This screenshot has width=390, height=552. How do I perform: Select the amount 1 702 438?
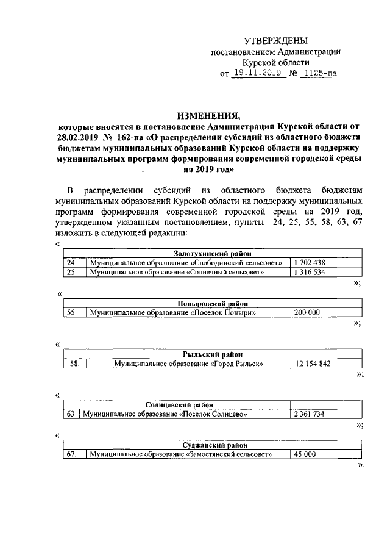(x=309, y=262)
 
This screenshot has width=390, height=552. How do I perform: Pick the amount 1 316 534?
(x=309, y=272)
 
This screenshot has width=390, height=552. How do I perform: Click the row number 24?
(x=71, y=262)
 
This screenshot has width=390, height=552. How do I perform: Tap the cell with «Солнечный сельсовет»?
(x=177, y=272)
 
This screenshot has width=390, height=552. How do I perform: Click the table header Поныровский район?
(x=213, y=303)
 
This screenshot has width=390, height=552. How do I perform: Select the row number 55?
(x=71, y=312)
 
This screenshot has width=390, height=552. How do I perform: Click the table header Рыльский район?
(x=213, y=354)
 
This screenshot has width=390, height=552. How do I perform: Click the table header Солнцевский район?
(x=179, y=404)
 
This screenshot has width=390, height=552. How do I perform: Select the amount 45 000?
(x=304, y=454)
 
